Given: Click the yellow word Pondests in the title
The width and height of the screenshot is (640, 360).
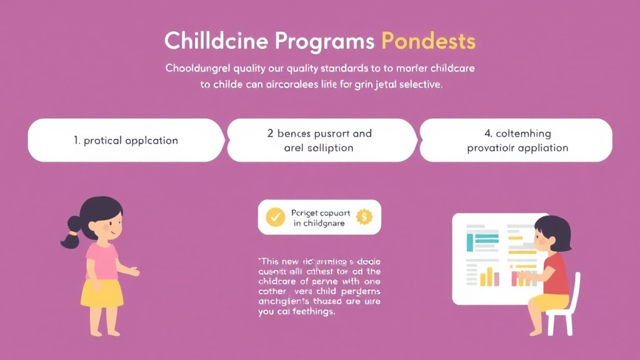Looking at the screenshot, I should [x=428, y=41].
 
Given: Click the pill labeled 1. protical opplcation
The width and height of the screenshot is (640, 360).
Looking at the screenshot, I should [x=126, y=140].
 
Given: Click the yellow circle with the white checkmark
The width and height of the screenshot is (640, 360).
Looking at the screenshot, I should [x=276, y=217].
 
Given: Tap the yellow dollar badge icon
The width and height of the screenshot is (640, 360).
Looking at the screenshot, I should [x=363, y=217].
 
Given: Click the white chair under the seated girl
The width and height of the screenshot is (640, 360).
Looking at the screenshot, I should [x=562, y=312].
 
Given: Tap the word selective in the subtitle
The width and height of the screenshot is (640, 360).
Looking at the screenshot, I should [x=419, y=86].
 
